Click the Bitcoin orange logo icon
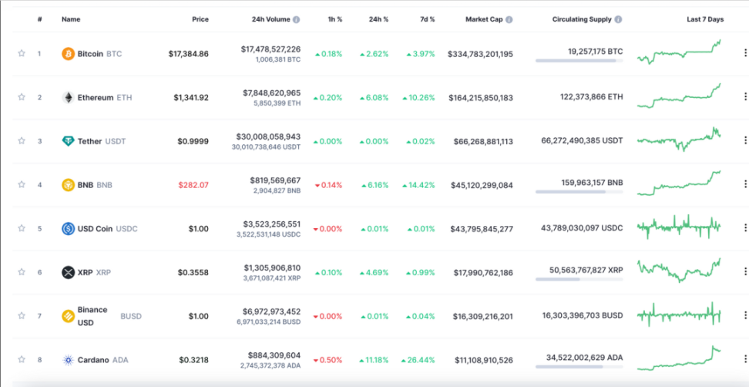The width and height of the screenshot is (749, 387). pos(69,54)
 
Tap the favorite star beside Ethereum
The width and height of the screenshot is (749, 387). pos(22,97)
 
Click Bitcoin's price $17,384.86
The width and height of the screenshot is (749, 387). pos(188,54)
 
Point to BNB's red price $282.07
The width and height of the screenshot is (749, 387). pos(193,185)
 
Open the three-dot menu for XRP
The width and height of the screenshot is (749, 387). pos(744,272)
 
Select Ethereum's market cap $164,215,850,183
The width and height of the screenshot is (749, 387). pos(480,98)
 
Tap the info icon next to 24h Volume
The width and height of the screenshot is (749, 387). pos(297,19)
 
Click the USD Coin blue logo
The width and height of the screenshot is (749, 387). pos(69,229)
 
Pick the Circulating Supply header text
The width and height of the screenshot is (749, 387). pos(582,19)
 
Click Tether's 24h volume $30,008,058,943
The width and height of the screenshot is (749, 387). pos(268,136)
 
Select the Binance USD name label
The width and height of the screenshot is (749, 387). pos(92,316)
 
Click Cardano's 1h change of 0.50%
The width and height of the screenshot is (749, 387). pos(332,360)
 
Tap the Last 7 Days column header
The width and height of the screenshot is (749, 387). pos(705,19)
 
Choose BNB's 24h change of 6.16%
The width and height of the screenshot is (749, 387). pos(375,185)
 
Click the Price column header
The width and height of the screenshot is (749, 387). pos(200,19)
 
